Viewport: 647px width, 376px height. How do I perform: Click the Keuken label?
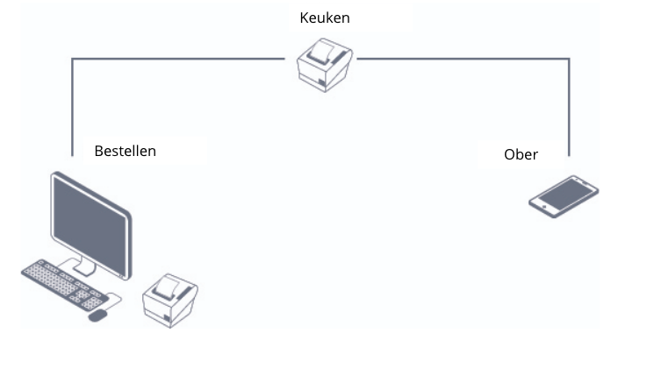[x=325, y=18]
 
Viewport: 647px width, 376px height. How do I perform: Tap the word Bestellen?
[x=125, y=151]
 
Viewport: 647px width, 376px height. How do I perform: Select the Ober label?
[x=521, y=154]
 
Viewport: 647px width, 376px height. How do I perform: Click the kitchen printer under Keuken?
[x=325, y=65]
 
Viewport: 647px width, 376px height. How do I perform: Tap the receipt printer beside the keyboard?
[x=170, y=301]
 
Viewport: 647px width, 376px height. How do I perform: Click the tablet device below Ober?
[x=564, y=196]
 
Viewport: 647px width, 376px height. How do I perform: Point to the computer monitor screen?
[x=90, y=224]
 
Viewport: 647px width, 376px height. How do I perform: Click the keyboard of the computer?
[x=64, y=285]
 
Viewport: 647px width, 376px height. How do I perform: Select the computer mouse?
[x=97, y=316]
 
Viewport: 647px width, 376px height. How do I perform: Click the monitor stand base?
[x=83, y=268]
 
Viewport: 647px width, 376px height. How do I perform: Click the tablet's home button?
[x=544, y=207]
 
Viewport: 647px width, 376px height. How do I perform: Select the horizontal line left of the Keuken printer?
[x=178, y=59]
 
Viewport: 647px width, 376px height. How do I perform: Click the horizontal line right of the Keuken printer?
[x=464, y=59]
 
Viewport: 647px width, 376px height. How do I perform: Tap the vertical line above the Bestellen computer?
[x=73, y=108]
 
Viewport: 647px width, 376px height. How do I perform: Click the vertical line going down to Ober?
[x=570, y=108]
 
